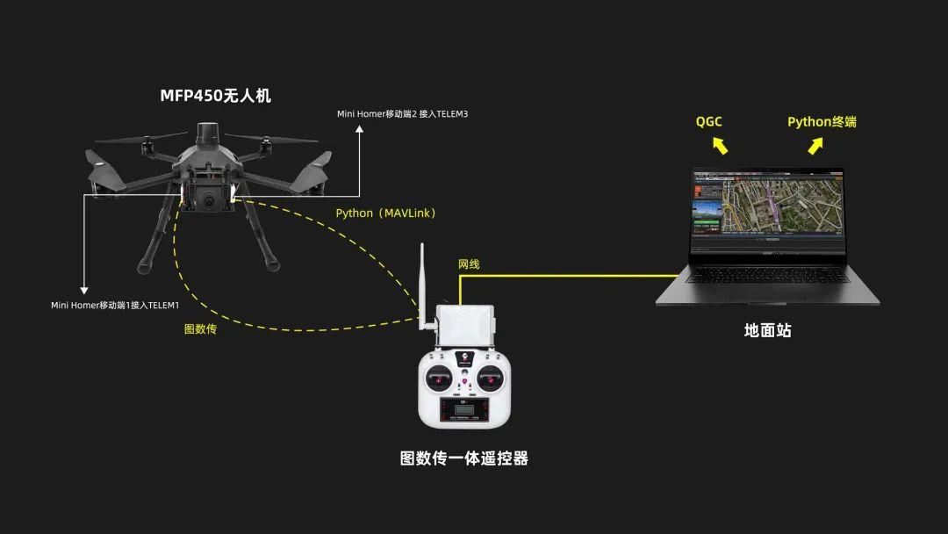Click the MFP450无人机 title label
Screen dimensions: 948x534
pyautogui.click(x=215, y=96)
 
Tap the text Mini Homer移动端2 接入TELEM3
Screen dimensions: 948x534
pyautogui.click(x=403, y=114)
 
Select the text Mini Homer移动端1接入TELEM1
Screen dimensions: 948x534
pyautogui.click(x=115, y=305)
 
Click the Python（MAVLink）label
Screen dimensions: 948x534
pyautogui.click(x=386, y=213)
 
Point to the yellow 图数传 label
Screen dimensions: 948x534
pyautogui.click(x=200, y=329)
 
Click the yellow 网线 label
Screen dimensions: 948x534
pyautogui.click(x=469, y=264)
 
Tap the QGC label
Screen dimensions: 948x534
pyautogui.click(x=709, y=121)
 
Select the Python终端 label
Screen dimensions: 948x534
pyautogui.click(x=822, y=121)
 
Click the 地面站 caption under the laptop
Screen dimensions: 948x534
pyautogui.click(x=767, y=330)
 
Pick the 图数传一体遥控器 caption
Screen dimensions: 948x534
pyautogui.click(x=464, y=458)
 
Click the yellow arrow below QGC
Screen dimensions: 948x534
pyautogui.click(x=720, y=145)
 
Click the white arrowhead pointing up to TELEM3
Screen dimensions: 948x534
pyautogui.click(x=358, y=131)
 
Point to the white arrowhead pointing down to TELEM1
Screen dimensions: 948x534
pyautogui.click(x=84, y=289)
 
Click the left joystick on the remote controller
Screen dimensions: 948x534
pyautogui.click(x=436, y=380)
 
